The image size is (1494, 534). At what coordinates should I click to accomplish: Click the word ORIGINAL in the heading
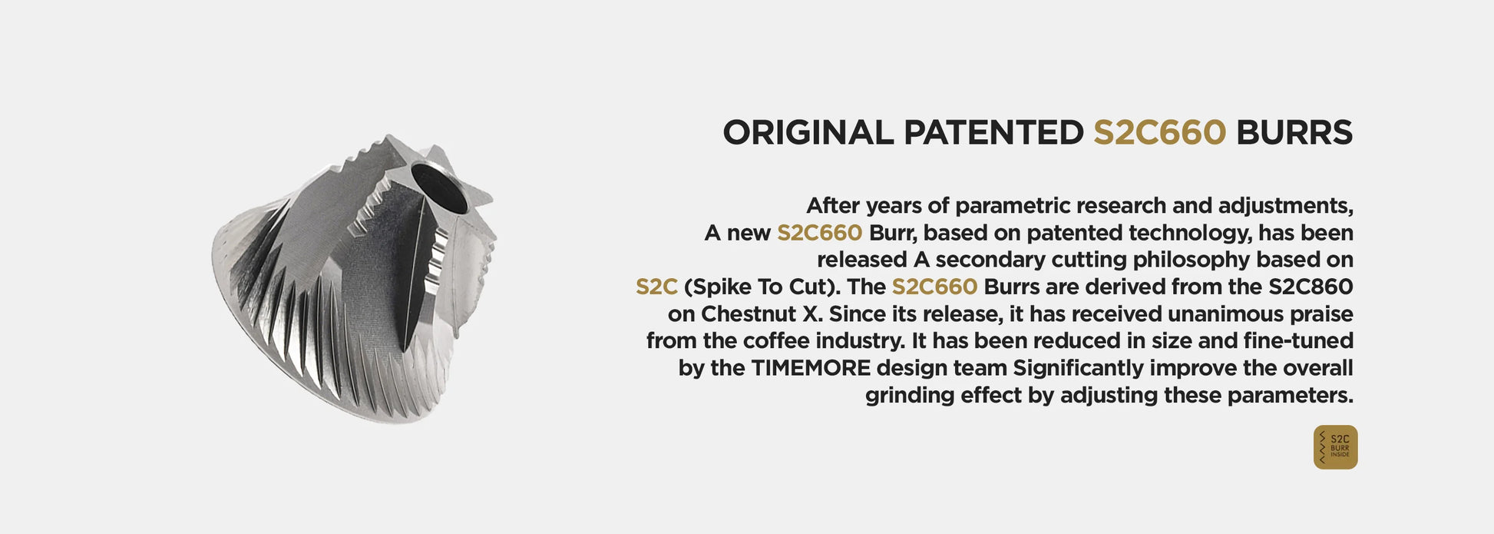[x=808, y=133]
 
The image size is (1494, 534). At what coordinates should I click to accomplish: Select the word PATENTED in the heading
[x=993, y=133]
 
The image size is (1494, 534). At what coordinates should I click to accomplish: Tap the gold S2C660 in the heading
[x=1159, y=133]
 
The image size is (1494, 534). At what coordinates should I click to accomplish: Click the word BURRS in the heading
[x=1294, y=133]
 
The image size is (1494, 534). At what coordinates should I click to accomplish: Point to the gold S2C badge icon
[x=1335, y=447]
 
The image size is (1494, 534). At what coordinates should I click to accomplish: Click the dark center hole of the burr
[x=439, y=187]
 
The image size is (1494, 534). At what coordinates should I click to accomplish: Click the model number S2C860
[x=1311, y=287]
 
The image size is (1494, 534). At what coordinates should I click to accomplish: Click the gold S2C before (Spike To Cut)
[x=656, y=287]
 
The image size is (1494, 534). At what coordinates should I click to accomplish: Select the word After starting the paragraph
[x=833, y=206]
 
